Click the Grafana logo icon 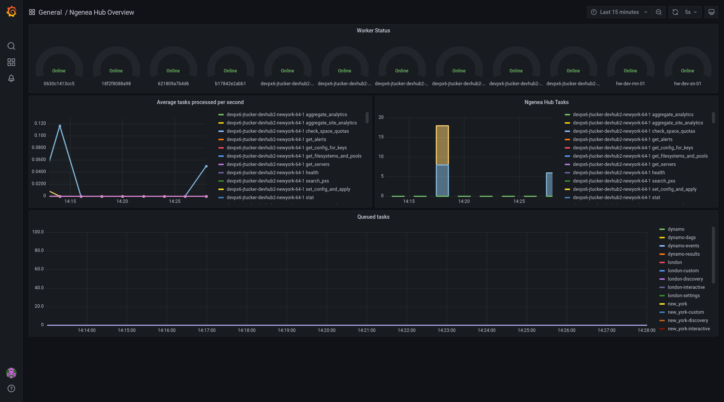pyautogui.click(x=11, y=12)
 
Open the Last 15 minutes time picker pyautogui.click(x=619, y=12)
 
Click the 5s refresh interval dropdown pyautogui.click(x=691, y=12)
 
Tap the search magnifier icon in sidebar pyautogui.click(x=11, y=46)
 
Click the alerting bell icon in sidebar pyautogui.click(x=11, y=78)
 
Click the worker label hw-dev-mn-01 pyautogui.click(x=630, y=84)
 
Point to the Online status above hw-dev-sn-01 pyautogui.click(x=687, y=71)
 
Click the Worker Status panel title pyautogui.click(x=373, y=31)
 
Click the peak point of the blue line pyautogui.click(x=60, y=126)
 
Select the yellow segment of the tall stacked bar pyautogui.click(x=442, y=145)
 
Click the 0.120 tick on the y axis pyautogui.click(x=40, y=123)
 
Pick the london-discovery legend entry pyautogui.click(x=685, y=279)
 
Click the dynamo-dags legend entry pyautogui.click(x=681, y=238)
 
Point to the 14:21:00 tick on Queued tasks pyautogui.click(x=366, y=330)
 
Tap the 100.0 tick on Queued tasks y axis pyautogui.click(x=38, y=232)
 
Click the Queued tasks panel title pyautogui.click(x=373, y=217)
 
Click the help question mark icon pyautogui.click(x=11, y=388)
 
